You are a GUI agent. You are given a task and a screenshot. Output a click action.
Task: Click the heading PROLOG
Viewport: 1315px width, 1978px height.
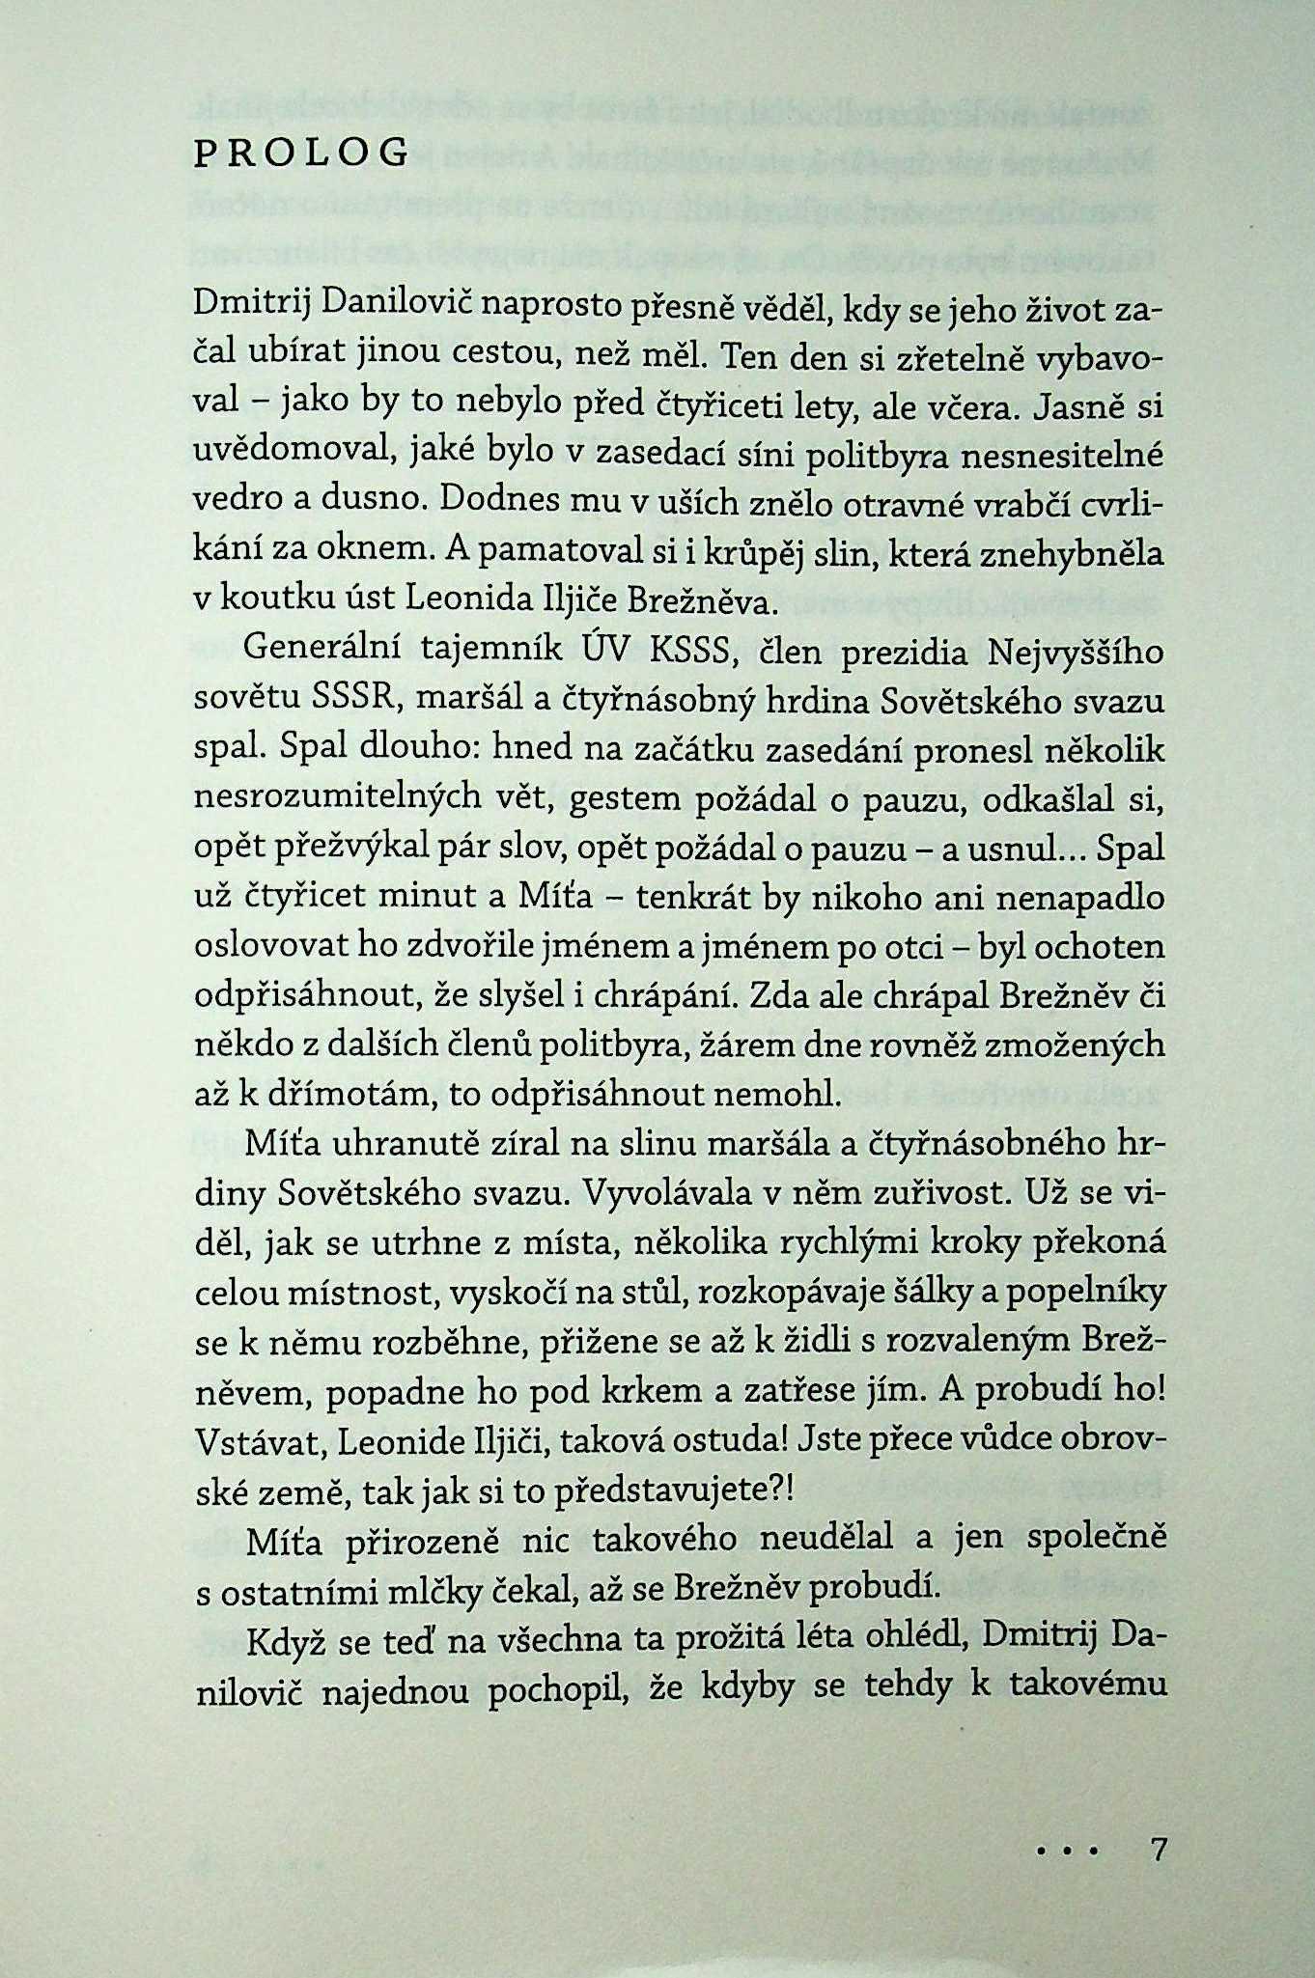coord(300,154)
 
